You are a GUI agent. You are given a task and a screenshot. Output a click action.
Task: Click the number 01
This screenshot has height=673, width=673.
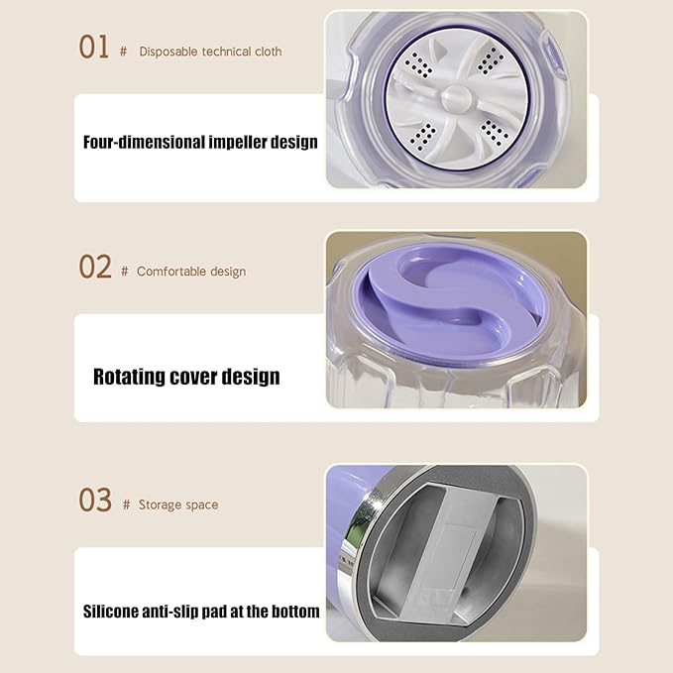(94, 47)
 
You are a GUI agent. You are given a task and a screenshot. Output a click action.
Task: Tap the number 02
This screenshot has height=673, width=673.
(95, 267)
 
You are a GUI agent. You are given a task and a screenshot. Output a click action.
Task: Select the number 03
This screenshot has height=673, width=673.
(95, 501)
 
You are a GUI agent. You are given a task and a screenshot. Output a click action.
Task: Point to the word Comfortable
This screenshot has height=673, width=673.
(170, 272)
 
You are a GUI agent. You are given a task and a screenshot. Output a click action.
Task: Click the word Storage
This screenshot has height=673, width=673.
(159, 505)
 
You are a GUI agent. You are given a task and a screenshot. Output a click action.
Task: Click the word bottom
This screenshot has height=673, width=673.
(293, 612)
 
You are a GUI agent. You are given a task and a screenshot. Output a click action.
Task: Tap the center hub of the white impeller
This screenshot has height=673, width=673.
(455, 97)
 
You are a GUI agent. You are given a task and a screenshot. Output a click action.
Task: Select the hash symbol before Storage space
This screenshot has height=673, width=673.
(126, 505)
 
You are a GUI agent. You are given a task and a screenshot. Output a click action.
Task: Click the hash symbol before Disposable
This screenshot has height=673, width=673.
(123, 52)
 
